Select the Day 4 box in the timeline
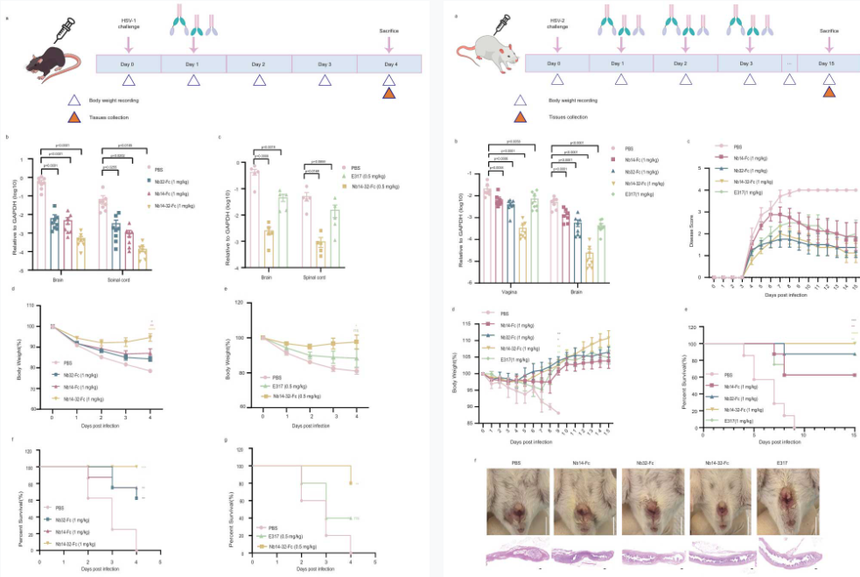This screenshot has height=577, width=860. [389, 64]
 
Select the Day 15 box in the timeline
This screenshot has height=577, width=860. [829, 64]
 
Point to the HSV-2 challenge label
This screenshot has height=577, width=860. [557, 23]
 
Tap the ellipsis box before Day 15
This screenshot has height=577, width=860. [789, 64]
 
